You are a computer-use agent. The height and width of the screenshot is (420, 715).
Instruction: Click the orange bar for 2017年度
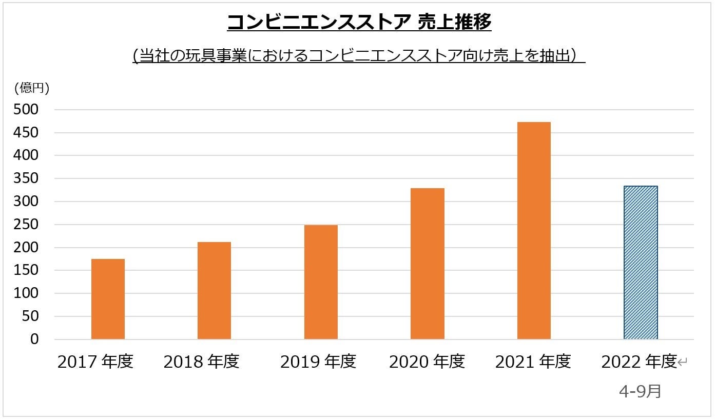(108, 299)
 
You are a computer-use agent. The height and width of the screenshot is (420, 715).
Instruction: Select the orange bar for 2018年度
(214, 290)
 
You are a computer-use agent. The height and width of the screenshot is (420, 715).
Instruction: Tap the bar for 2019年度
(321, 282)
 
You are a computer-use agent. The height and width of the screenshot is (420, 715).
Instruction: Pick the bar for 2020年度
(427, 264)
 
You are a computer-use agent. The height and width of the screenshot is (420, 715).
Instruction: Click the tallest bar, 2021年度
(534, 231)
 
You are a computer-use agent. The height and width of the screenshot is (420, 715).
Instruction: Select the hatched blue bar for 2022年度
(640, 263)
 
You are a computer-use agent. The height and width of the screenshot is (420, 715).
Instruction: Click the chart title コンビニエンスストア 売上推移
(359, 22)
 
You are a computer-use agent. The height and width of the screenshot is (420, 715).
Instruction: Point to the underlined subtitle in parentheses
(359, 55)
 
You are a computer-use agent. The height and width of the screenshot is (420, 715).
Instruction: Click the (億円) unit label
(32, 88)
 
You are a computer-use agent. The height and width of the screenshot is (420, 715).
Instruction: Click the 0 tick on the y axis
(34, 339)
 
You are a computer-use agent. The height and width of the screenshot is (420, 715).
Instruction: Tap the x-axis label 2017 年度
(95, 362)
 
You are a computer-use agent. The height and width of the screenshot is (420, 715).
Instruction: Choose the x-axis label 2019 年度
(318, 362)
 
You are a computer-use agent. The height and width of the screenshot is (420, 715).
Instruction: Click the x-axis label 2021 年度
(533, 362)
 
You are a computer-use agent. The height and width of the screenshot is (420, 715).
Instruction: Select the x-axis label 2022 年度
(639, 362)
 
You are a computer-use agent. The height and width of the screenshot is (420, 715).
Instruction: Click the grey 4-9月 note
(640, 391)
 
